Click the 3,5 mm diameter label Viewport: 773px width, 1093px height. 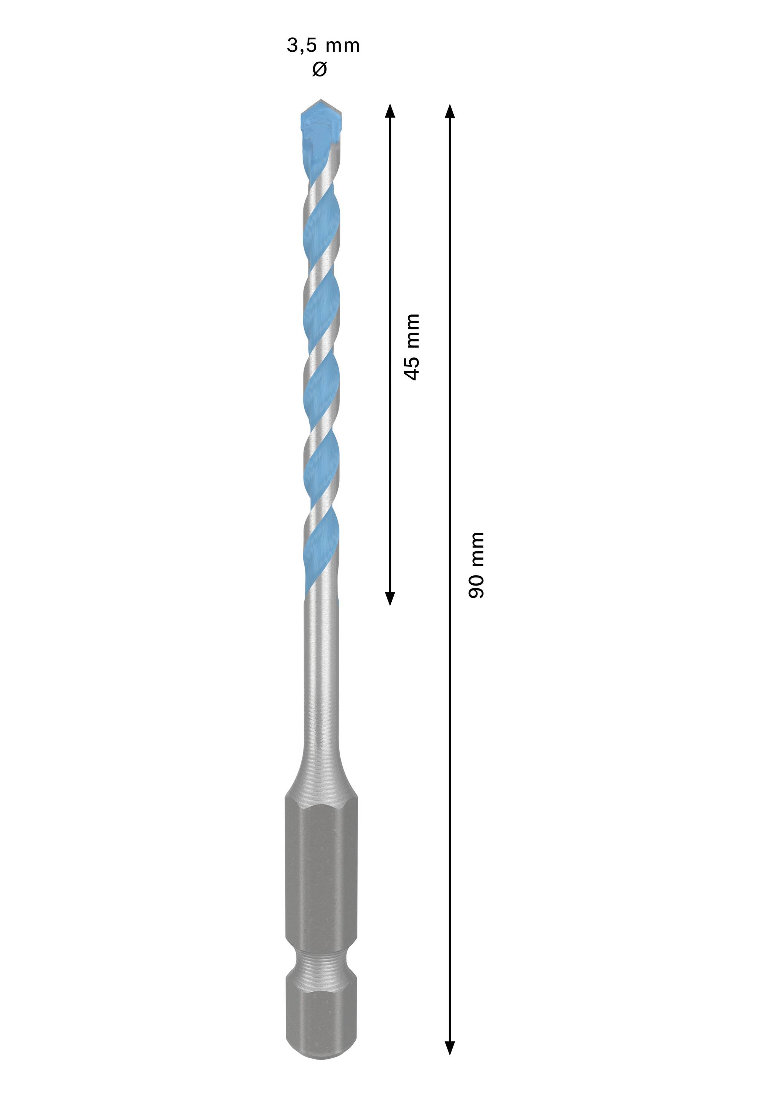coord(323,46)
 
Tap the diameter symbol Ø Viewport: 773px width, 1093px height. coord(319,70)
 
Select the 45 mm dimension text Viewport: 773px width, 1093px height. coord(411,346)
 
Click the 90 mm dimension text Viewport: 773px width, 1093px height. coord(476,565)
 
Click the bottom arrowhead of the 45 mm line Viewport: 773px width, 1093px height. coord(390,598)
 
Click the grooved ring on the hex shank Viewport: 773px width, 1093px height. coord(321,966)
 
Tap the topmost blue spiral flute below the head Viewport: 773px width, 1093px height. coord(321,219)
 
